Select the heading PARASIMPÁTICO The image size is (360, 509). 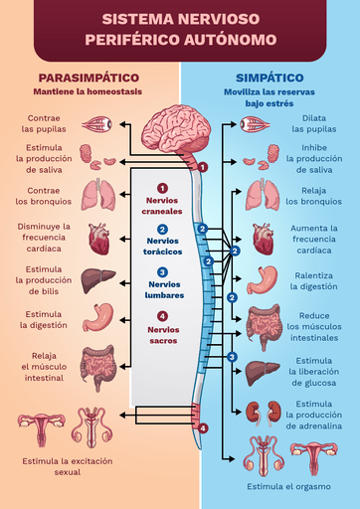coord(89,78)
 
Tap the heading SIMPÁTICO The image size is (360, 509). coord(270,78)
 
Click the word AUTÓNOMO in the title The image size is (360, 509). coord(230,40)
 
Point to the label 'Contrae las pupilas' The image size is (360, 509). coord(44,123)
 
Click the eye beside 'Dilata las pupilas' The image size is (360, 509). coord(255,125)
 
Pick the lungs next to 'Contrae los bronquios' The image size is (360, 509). coord(98,195)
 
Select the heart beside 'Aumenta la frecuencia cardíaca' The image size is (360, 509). coord(264,239)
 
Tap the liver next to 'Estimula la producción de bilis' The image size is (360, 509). coord(97,280)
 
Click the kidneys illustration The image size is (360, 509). coord(264,412)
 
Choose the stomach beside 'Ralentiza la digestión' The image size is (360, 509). coord(263,280)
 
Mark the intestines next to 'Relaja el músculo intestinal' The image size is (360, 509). coord(98,367)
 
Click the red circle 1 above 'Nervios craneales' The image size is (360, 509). coord(162,188)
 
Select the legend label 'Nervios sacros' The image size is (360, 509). coord(163,335)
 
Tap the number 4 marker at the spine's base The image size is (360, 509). coord(203,428)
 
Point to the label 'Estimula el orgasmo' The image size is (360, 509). coord(288,486)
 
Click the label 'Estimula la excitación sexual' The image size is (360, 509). coord(68,466)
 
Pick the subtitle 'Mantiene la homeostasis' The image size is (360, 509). coord(88,91)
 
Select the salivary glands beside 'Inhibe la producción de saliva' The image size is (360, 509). coord(262,156)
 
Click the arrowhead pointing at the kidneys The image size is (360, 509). coord(238,412)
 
